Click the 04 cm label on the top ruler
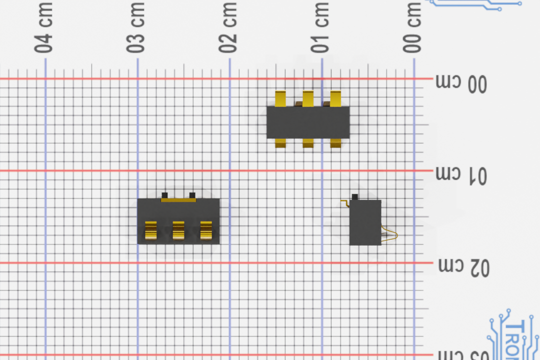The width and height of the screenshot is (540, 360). [x=43, y=27]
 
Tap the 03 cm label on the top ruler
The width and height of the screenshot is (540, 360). [x=135, y=27]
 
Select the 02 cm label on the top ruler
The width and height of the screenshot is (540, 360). [x=227, y=27]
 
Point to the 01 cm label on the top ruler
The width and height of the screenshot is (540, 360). [x=320, y=27]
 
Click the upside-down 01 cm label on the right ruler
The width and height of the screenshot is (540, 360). [x=461, y=175]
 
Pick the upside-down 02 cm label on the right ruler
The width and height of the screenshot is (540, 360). [x=463, y=267]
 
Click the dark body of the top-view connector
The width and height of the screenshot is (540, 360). [x=307, y=122]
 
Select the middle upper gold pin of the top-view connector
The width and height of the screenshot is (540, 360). [x=308, y=98]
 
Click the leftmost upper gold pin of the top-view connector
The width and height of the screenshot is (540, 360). [x=280, y=98]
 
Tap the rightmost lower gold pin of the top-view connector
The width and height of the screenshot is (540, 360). [x=335, y=143]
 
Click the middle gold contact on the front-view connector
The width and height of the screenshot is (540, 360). [x=178, y=230]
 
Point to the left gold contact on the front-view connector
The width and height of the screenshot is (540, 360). [x=151, y=230]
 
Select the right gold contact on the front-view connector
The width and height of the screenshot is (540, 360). [x=206, y=230]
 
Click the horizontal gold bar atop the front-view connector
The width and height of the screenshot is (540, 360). [x=178, y=199]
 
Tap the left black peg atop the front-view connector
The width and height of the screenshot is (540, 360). [x=164, y=194]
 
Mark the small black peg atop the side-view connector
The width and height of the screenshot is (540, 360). [x=355, y=197]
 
